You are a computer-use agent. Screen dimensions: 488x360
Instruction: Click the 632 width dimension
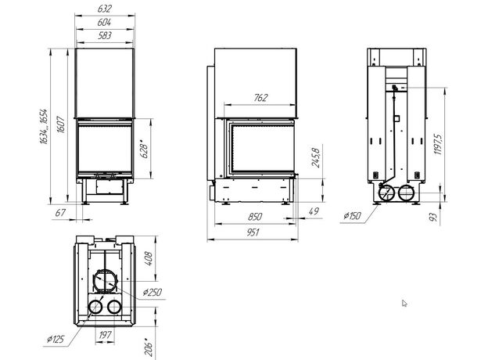[104, 9]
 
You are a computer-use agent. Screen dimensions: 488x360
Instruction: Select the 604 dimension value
[104, 23]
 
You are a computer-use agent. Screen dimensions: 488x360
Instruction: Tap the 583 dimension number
[104, 35]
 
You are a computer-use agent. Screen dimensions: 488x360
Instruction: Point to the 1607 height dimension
[61, 124]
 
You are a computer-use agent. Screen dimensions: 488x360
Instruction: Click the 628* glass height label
[145, 149]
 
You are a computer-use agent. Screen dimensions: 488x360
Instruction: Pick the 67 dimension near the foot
[60, 213]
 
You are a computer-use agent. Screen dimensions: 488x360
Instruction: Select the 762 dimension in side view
[260, 98]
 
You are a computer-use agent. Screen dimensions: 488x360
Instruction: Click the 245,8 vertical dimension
[316, 158]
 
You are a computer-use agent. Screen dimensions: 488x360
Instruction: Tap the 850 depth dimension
[255, 217]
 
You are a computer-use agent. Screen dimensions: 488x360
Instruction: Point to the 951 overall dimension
[253, 232]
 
